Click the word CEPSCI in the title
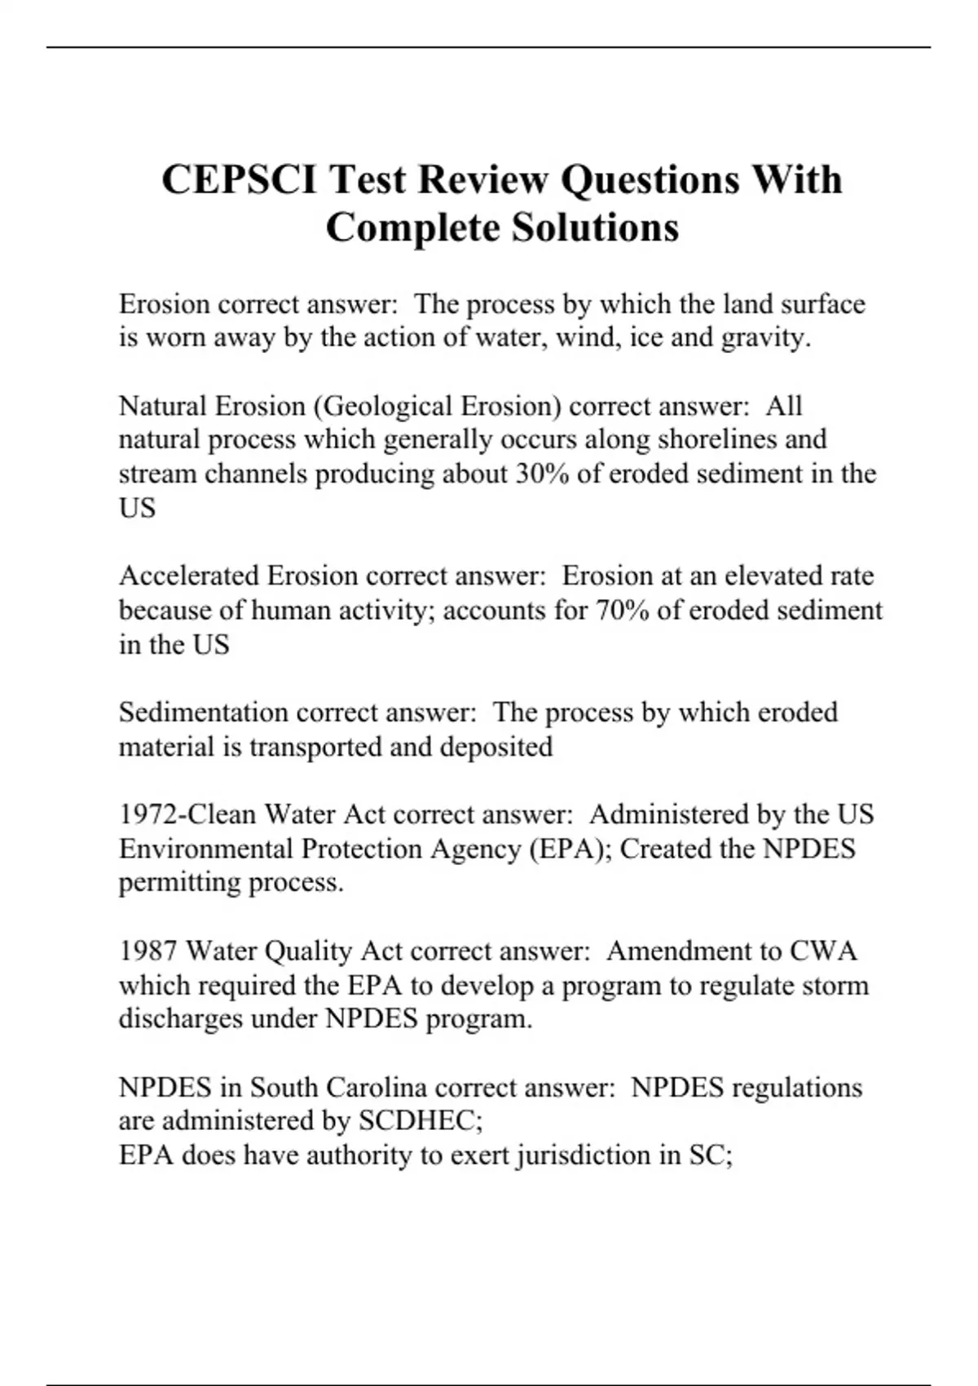pos(240,179)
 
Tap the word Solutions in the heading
pos(595,227)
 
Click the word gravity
pos(766,338)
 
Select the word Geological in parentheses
pos(388,406)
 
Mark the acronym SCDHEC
pos(420,1122)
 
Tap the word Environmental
pos(205,850)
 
